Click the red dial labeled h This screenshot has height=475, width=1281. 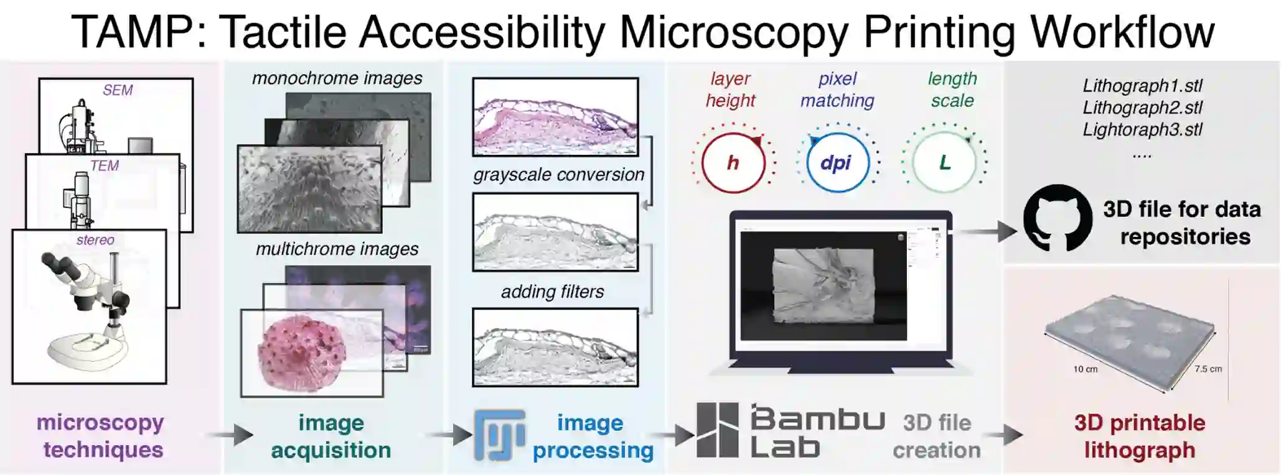click(733, 163)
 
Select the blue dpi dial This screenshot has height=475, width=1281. click(837, 163)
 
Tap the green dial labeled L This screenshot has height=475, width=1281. click(944, 163)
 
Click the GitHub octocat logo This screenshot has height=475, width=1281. click(1058, 218)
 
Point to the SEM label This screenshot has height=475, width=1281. click(118, 90)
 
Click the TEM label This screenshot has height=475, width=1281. click(104, 166)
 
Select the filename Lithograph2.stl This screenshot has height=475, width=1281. click(1142, 108)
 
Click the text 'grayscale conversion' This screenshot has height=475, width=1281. click(558, 175)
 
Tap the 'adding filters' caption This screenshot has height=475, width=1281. click(553, 292)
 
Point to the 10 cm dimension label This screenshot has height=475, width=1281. click(1085, 369)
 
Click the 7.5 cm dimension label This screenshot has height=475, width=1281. click(1208, 369)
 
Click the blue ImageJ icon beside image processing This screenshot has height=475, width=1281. click(499, 435)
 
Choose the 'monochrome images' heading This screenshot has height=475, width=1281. click(337, 78)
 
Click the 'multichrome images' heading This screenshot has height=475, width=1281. click(337, 249)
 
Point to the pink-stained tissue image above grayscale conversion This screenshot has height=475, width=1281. click(555, 117)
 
